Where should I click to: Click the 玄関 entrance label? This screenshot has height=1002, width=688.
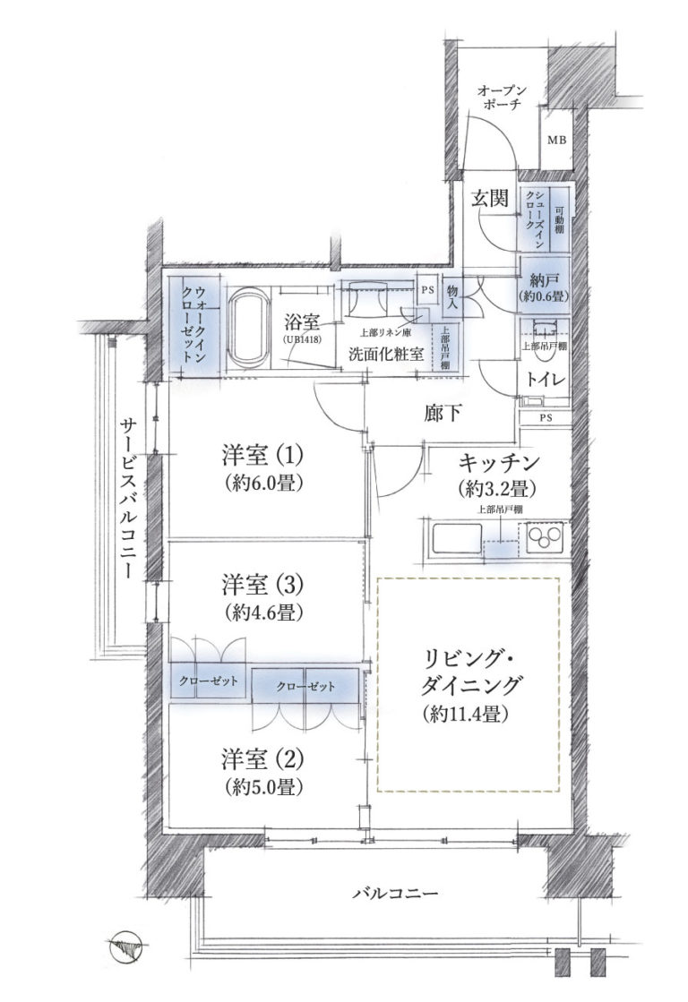coord(490,200)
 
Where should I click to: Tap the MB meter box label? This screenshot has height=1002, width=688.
coord(555,141)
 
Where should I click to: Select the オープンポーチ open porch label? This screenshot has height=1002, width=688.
coord(502,98)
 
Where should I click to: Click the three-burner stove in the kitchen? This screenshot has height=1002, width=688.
coord(544,537)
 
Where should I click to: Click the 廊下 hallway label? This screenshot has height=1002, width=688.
coord(443,414)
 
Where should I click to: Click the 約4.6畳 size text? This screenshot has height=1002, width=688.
coord(262,612)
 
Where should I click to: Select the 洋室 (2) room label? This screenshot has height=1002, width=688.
coord(262,760)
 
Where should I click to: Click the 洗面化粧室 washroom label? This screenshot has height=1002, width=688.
coord(385,354)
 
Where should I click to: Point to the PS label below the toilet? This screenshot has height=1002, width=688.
coord(546,418)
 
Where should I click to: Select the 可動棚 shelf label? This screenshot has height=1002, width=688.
coord(560,219)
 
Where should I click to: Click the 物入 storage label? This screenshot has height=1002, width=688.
coord(452,297)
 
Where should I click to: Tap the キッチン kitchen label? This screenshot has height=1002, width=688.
coord(499,461)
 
